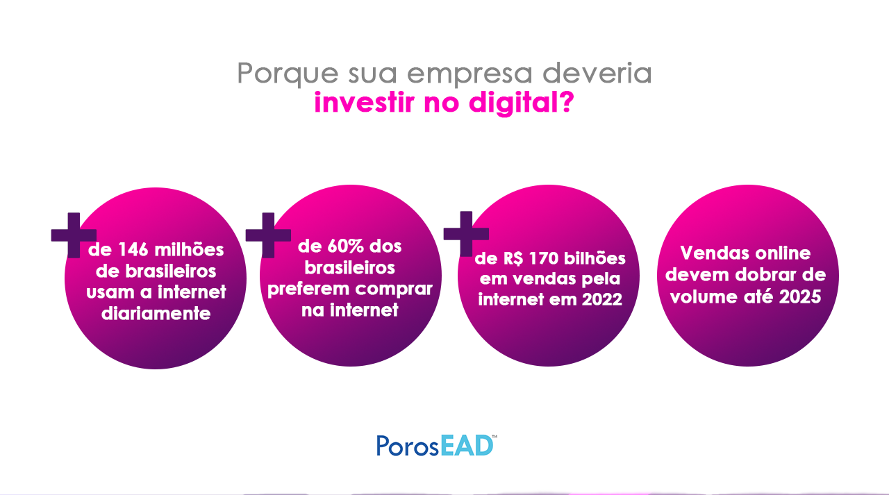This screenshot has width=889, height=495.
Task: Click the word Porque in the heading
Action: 288,74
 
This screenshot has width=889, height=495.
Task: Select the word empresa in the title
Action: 470,74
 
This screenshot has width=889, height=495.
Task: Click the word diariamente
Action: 156,314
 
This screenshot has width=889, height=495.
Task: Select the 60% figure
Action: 345,246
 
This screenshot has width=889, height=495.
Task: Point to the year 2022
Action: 602,299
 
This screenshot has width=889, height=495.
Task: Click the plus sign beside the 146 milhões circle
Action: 74,235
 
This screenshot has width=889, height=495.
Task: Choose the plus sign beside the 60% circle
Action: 268,235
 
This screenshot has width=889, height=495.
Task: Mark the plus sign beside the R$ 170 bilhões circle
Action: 466,234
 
